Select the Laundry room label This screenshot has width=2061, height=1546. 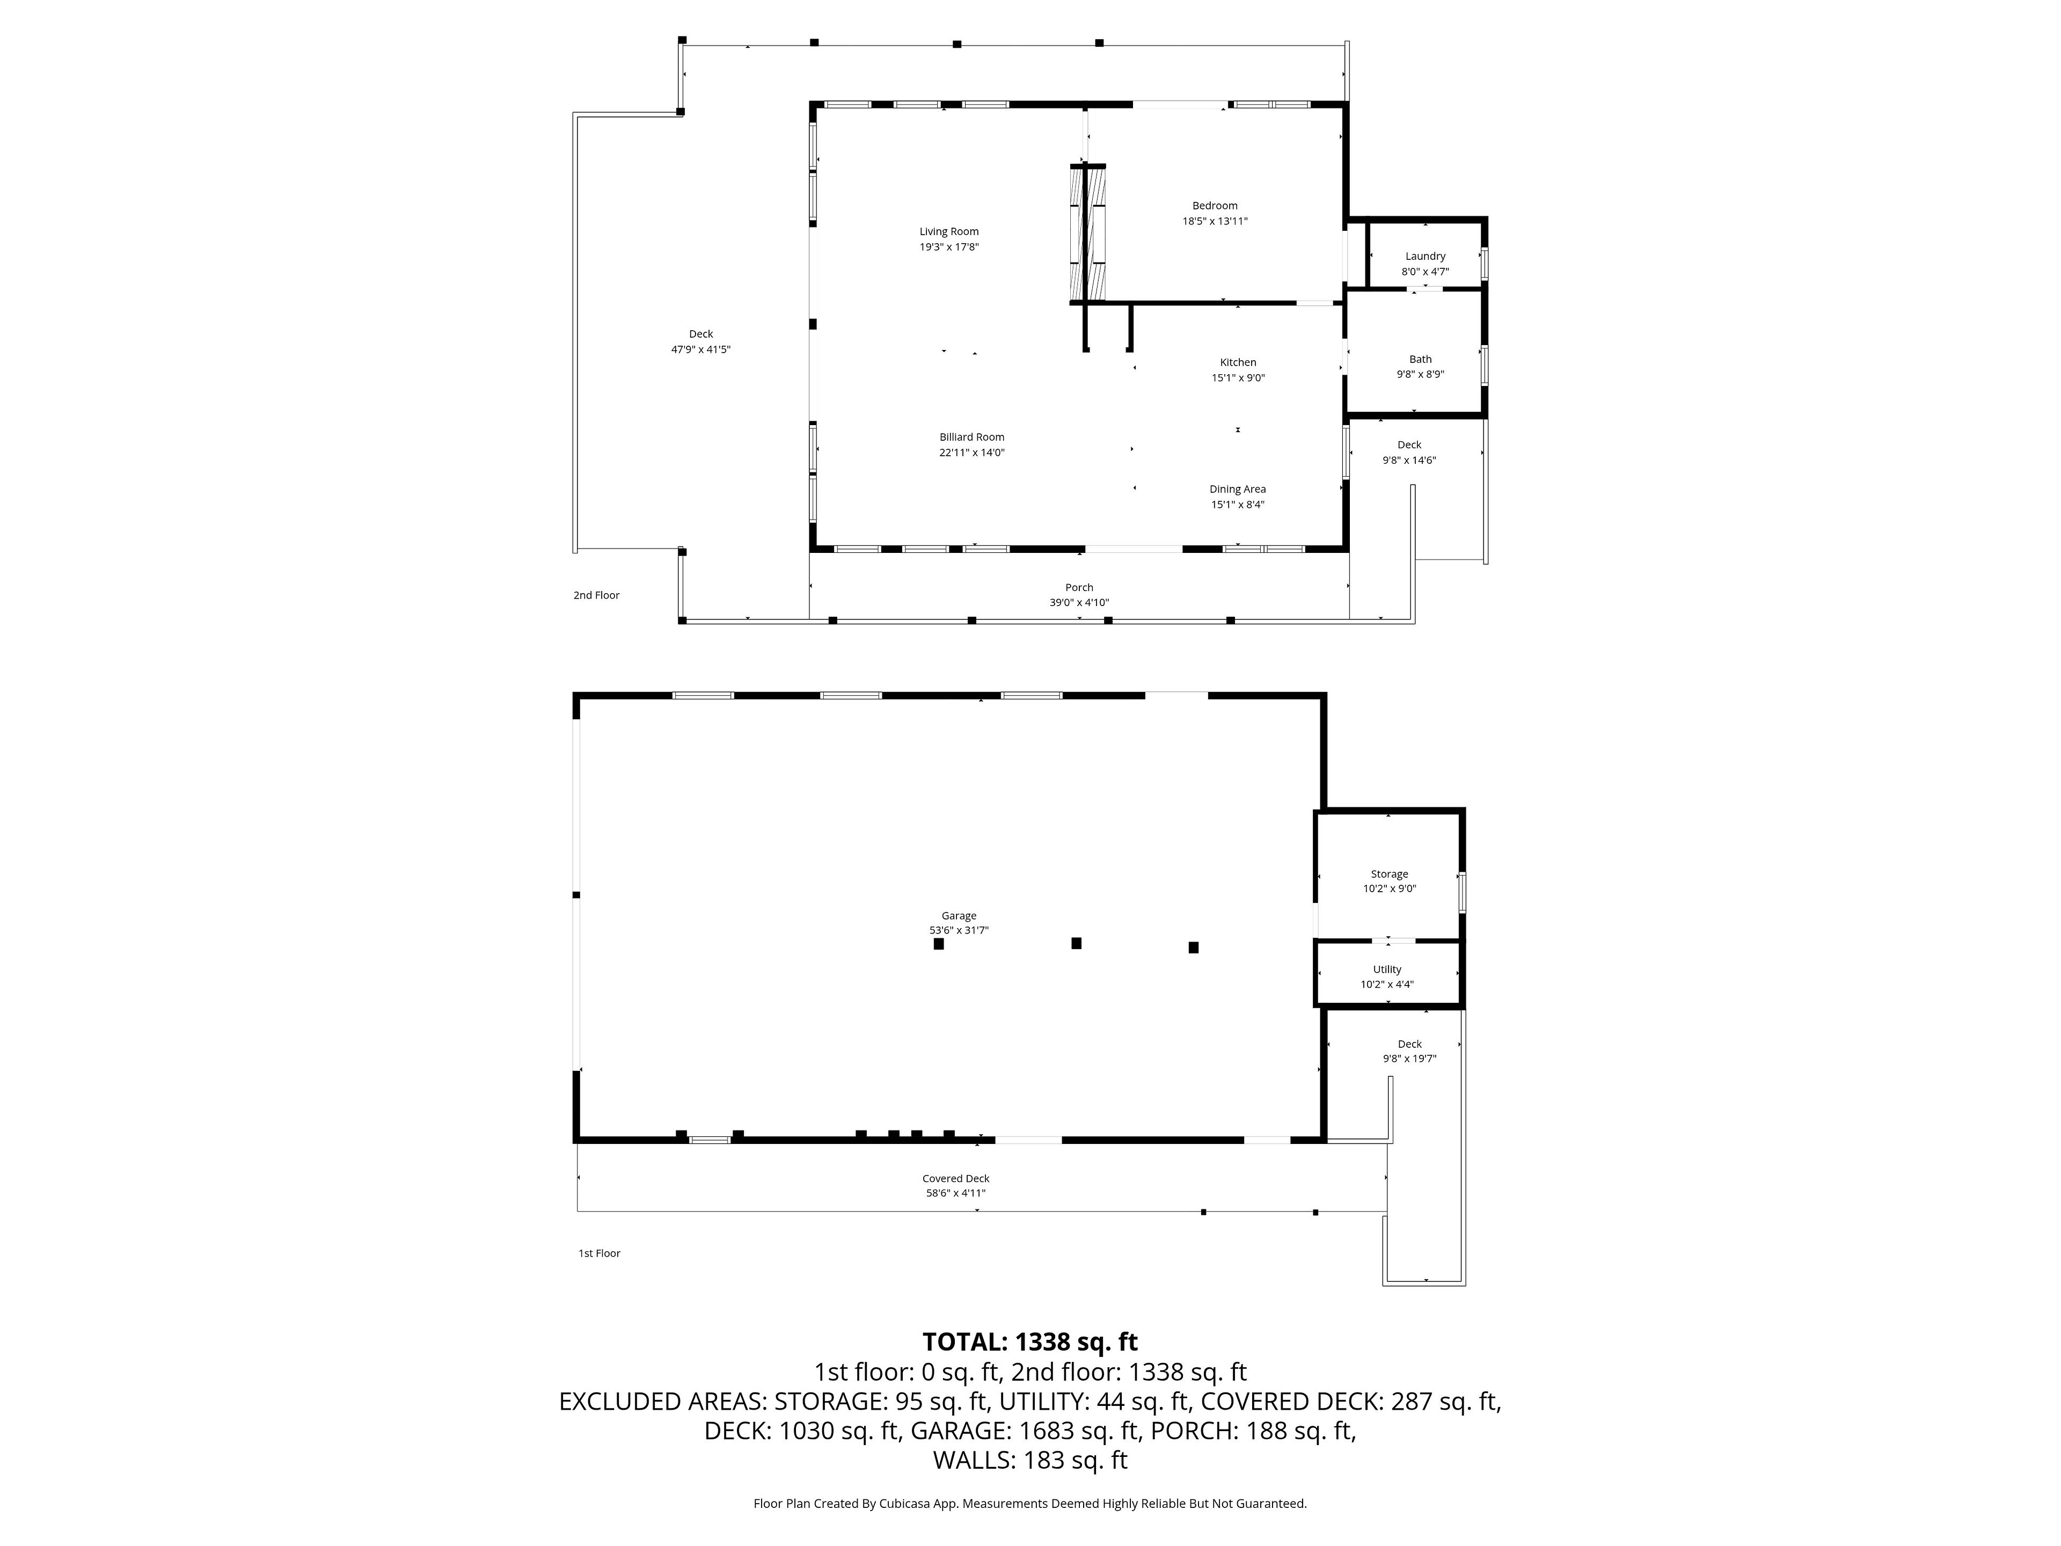(x=1426, y=256)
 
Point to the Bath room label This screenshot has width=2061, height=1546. (x=1420, y=359)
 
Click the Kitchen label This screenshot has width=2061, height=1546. (x=1238, y=362)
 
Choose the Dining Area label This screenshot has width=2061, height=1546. (x=1237, y=489)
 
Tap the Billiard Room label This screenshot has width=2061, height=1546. (x=972, y=437)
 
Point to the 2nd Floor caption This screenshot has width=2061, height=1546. (x=596, y=595)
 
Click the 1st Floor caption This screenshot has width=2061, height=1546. (x=599, y=1253)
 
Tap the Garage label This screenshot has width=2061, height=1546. (x=959, y=916)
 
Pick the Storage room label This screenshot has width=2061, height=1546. (x=1389, y=874)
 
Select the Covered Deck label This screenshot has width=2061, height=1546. (x=956, y=1179)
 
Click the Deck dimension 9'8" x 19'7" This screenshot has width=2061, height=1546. (x=1410, y=1059)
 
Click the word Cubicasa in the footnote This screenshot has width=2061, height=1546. (x=903, y=1503)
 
